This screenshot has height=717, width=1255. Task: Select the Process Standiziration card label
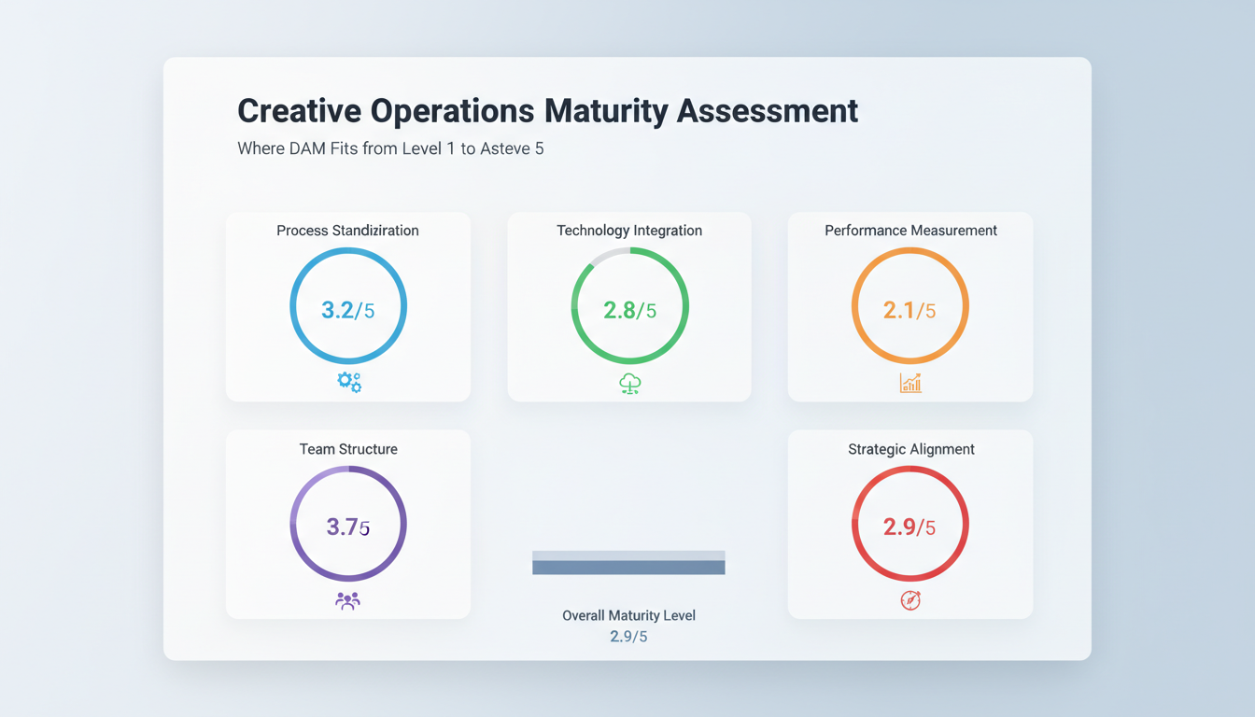[347, 231]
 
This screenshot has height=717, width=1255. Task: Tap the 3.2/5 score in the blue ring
[347, 310]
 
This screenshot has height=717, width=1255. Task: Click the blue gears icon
[349, 382]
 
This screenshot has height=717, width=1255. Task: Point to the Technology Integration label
[629, 231]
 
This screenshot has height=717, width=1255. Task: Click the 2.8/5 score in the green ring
[629, 310]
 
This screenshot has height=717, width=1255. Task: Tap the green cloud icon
[630, 383]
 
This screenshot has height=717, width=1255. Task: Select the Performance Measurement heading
[910, 231]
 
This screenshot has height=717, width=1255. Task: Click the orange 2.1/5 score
[910, 310]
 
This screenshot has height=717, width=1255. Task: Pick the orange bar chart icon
[910, 383]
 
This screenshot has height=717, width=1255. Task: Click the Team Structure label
[348, 449]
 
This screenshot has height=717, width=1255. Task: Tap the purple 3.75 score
[347, 527]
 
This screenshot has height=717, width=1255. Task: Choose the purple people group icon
[347, 601]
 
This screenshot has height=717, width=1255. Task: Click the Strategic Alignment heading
[910, 449]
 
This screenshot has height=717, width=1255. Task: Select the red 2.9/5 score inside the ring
[910, 527]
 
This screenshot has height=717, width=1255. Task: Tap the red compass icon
[910, 601]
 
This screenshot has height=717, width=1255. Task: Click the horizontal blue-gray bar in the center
[628, 563]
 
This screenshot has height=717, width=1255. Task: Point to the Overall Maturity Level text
[628, 616]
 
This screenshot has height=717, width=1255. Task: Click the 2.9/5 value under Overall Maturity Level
[628, 637]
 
